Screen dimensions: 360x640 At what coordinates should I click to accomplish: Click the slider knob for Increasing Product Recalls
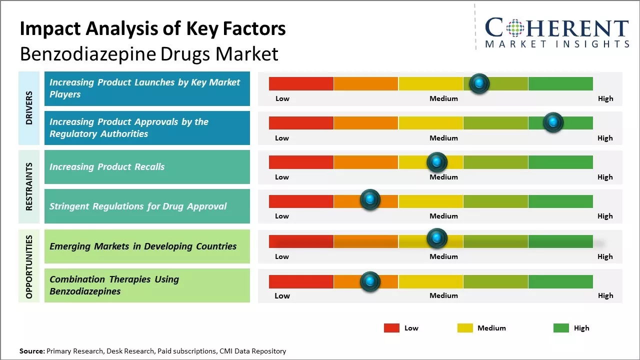coord(436,162)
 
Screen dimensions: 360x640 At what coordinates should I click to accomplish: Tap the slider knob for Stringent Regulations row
coord(370,200)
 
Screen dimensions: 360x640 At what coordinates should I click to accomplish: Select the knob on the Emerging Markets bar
coord(436,238)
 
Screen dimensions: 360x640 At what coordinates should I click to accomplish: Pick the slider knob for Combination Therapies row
coord(370,281)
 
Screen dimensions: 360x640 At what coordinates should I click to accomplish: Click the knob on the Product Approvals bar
coord(553,122)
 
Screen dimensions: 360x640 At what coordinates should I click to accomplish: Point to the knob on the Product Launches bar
coord(479,83)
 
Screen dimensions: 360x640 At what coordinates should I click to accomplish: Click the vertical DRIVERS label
coord(29,107)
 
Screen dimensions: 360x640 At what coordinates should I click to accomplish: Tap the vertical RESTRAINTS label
coord(29,186)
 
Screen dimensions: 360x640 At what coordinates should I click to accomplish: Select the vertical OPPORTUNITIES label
coord(29,266)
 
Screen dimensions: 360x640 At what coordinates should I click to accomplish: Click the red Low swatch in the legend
coord(391,328)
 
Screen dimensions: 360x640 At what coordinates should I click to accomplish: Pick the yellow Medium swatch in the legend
coord(465,328)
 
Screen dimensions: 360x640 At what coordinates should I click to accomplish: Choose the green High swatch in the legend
coord(561,328)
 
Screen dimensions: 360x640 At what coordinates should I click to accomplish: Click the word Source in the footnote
coord(32,351)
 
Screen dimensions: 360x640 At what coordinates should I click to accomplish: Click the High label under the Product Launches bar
coord(605,98)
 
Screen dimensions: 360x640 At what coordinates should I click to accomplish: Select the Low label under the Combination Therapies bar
coord(282,295)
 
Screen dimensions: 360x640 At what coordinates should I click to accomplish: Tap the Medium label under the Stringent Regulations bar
coord(443,216)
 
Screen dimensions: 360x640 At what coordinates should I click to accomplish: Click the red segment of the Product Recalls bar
coord(301,162)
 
